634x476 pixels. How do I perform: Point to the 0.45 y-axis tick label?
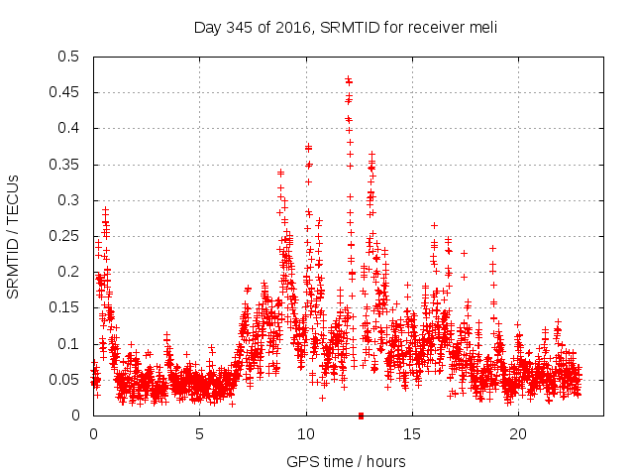(x=66, y=92)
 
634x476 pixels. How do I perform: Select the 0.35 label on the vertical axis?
(x=66, y=165)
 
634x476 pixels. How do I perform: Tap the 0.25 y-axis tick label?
(x=66, y=236)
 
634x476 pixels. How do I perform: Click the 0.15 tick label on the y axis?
(x=66, y=307)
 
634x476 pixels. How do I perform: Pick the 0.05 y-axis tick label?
(x=66, y=380)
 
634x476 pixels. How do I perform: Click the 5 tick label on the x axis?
(x=199, y=433)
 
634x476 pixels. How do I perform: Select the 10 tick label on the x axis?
(x=306, y=433)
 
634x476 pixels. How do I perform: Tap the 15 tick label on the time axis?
(x=412, y=433)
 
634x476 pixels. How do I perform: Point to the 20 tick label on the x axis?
(x=518, y=433)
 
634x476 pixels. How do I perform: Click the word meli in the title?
(x=482, y=27)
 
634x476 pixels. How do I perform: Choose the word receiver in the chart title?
(x=431, y=27)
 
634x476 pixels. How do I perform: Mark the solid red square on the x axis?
(x=361, y=416)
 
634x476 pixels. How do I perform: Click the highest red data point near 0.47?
(x=348, y=79)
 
